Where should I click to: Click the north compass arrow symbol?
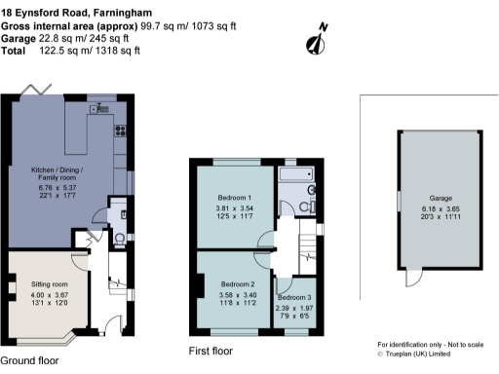pyautogui.click(x=315, y=40)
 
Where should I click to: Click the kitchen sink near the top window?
pyautogui.click(x=101, y=109)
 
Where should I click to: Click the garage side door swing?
pyautogui.click(x=413, y=279)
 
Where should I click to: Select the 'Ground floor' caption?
pyautogui.click(x=29, y=359)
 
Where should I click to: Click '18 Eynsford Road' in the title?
pyautogui.click(x=49, y=8)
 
